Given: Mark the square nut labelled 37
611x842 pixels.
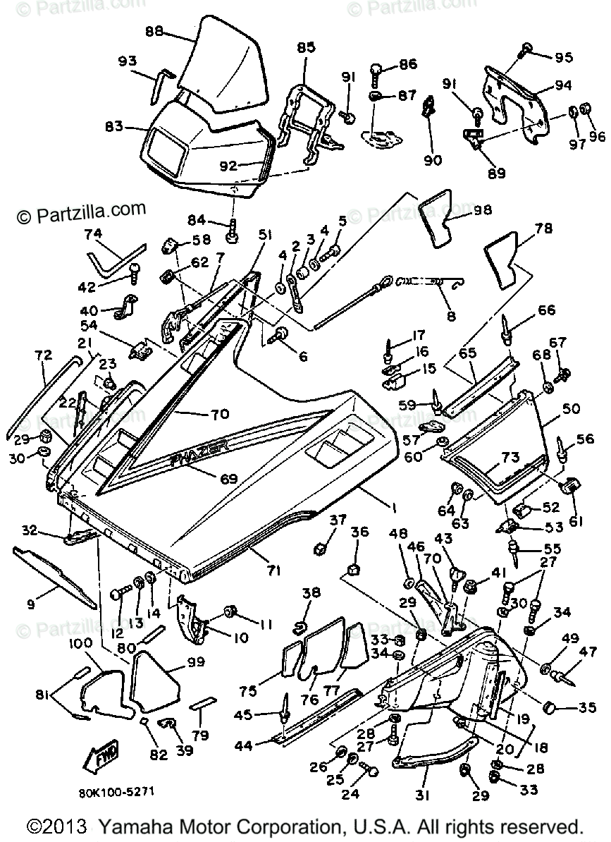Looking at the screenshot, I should pyautogui.click(x=319, y=547).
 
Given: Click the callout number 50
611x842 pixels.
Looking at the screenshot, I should pyautogui.click(x=571, y=408).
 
